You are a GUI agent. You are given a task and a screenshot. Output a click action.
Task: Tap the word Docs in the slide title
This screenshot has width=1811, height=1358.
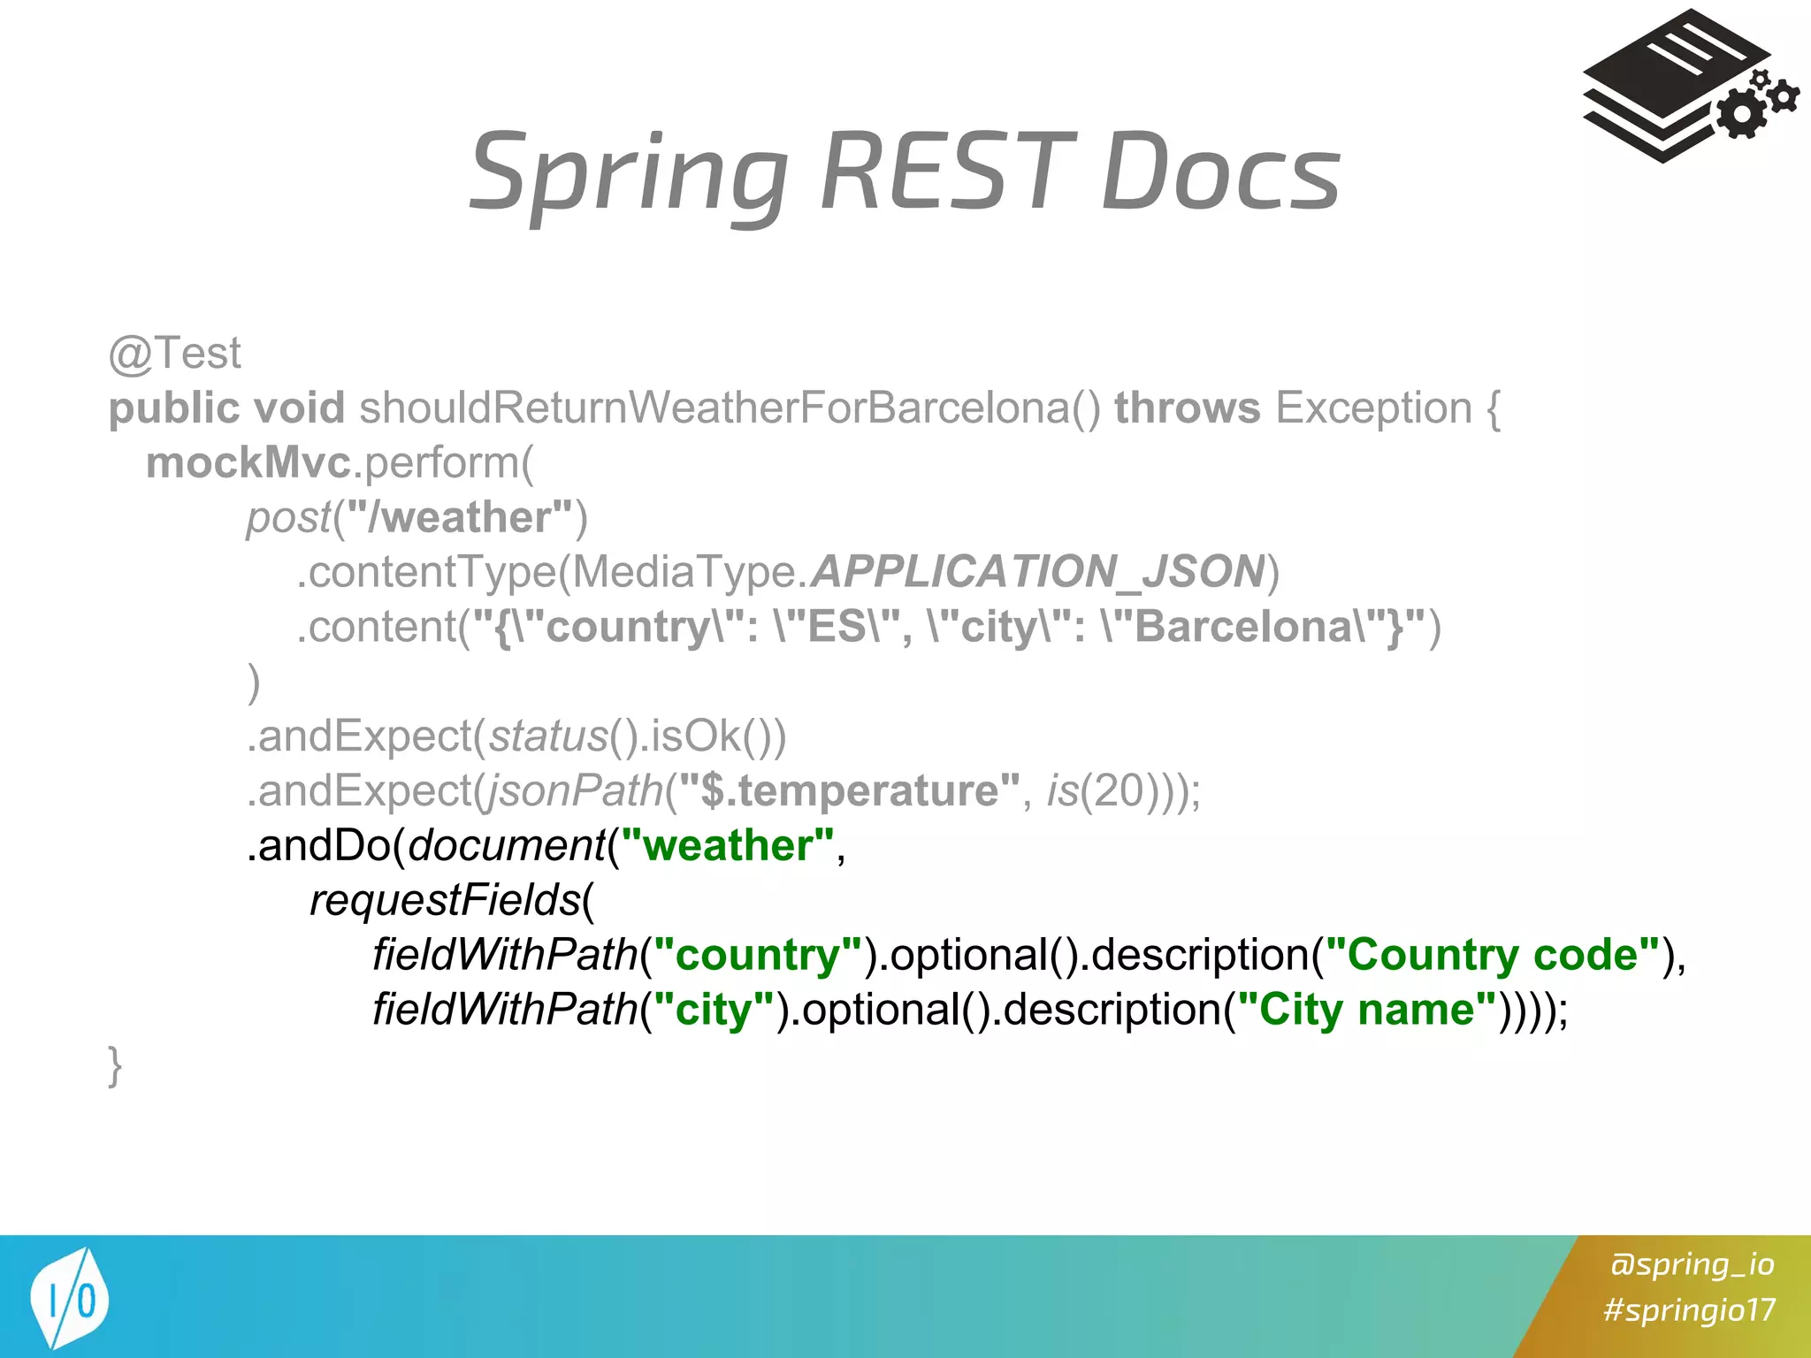[1220, 172]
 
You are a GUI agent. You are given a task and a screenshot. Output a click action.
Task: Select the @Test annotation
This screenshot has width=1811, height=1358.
[174, 354]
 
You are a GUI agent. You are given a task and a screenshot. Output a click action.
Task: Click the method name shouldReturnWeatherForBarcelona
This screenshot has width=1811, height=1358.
[730, 408]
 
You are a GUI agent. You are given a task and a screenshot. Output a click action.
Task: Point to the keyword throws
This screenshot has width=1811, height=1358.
[1187, 408]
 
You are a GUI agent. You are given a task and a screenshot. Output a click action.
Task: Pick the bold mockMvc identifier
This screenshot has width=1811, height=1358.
[248, 463]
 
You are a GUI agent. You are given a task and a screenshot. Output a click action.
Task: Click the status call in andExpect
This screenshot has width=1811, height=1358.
[548, 736]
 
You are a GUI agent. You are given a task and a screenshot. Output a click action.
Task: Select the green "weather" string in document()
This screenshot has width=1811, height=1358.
[727, 846]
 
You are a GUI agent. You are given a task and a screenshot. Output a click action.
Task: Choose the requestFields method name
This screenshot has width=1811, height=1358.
[445, 901]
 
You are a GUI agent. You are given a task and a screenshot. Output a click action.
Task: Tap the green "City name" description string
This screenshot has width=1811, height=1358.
[1366, 1010]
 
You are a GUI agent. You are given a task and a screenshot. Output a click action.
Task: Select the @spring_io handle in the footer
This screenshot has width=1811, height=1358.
[1692, 1264]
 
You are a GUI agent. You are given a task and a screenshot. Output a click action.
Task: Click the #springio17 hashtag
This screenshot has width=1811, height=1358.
[1689, 1309]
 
